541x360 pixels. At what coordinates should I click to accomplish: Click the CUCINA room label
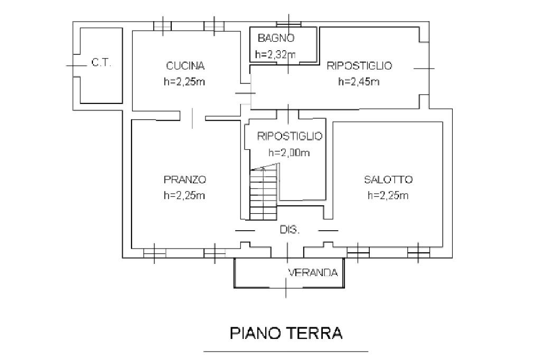pyautogui.click(x=185, y=65)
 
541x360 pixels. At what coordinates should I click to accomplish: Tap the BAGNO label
pyautogui.click(x=276, y=38)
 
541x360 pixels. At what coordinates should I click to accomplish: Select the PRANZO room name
pyautogui.click(x=185, y=179)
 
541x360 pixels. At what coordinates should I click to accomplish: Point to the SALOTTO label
pyautogui.click(x=388, y=179)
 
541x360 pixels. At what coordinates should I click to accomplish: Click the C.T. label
pyautogui.click(x=101, y=63)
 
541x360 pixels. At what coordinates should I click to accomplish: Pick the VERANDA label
pyautogui.click(x=313, y=273)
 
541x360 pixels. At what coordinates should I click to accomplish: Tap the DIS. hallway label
pyautogui.click(x=290, y=230)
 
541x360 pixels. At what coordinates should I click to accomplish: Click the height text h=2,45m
pyautogui.click(x=359, y=82)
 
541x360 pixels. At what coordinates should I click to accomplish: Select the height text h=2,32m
pyautogui.click(x=276, y=54)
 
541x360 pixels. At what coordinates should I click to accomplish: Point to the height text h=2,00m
pyautogui.click(x=289, y=153)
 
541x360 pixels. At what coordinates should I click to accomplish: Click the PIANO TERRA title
pyautogui.click(x=286, y=334)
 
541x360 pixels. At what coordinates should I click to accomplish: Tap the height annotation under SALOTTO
pyautogui.click(x=388, y=195)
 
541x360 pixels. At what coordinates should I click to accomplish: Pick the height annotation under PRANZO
pyautogui.click(x=184, y=195)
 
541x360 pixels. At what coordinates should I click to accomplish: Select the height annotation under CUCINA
pyautogui.click(x=184, y=82)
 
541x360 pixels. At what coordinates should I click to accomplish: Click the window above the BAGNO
pyautogui.click(x=289, y=24)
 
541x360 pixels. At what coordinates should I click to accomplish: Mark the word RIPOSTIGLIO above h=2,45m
pyautogui.click(x=359, y=65)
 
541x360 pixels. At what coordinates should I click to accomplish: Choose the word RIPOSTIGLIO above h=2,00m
pyautogui.click(x=290, y=136)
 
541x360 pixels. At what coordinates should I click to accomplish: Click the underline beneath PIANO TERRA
pyautogui.click(x=286, y=352)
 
